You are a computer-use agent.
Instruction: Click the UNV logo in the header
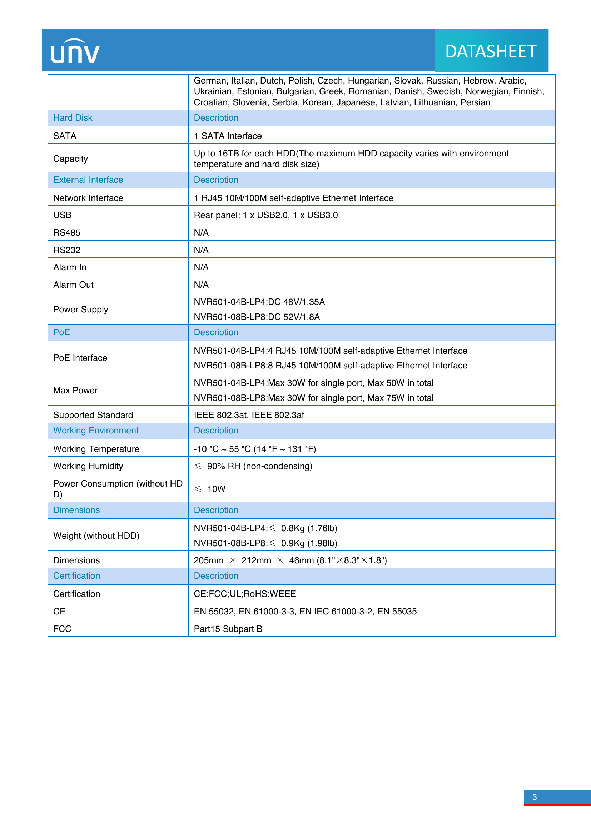pyautogui.click(x=75, y=51)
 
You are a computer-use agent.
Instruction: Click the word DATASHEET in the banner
pyautogui.click(x=491, y=52)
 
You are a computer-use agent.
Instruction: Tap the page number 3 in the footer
pyautogui.click(x=534, y=797)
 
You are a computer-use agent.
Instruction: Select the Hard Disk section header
pyautogui.click(x=73, y=118)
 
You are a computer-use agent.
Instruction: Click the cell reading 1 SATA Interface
pyautogui.click(x=228, y=136)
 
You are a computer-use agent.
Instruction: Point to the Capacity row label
pyautogui.click(x=71, y=159)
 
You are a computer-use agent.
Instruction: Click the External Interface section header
pyautogui.click(x=88, y=180)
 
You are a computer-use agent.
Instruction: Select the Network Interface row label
pyautogui.click(x=88, y=198)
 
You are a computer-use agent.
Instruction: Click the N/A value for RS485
pyautogui.click(x=201, y=232)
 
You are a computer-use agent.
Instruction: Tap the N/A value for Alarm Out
pyautogui.click(x=201, y=285)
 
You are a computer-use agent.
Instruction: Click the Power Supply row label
pyautogui.click(x=80, y=309)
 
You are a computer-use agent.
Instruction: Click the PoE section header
pyautogui.click(x=61, y=332)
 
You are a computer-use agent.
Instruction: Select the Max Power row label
pyautogui.click(x=75, y=390)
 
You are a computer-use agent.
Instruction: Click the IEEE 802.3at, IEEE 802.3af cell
pyautogui.click(x=249, y=415)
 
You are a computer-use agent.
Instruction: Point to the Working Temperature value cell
pyautogui.click(x=254, y=449)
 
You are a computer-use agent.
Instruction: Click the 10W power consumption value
pyautogui.click(x=216, y=489)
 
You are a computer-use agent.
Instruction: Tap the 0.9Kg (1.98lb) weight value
pyautogui.click(x=309, y=543)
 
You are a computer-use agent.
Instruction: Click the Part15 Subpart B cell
pyautogui.click(x=228, y=629)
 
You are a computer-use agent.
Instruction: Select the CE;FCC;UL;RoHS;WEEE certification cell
pyautogui.click(x=244, y=594)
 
